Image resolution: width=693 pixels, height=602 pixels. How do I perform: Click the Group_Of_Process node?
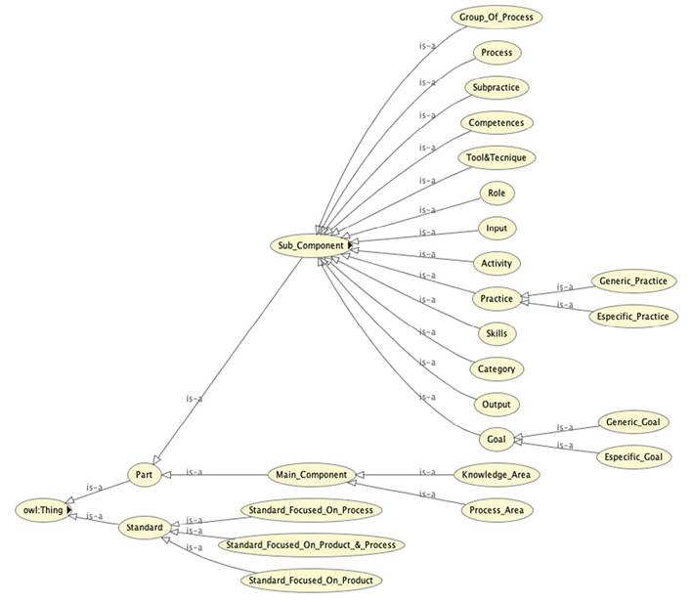pos(497,17)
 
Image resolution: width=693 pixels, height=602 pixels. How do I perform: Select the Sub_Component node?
pos(306,245)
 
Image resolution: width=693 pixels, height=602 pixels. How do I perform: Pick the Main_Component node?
pos(309,475)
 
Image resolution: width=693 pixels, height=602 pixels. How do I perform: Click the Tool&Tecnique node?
pos(497,157)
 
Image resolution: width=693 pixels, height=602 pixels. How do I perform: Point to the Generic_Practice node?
pos(633,280)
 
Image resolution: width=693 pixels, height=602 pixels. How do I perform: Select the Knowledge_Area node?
pos(497,475)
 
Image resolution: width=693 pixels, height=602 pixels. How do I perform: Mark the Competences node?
pos(497,122)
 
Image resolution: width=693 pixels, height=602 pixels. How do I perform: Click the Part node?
pos(143,475)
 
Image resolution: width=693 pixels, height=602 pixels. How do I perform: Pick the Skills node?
pos(497,333)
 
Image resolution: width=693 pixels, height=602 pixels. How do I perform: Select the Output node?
pos(497,404)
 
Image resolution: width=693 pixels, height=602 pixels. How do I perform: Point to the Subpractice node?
pos(497,87)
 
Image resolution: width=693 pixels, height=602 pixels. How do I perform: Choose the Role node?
pos(497,193)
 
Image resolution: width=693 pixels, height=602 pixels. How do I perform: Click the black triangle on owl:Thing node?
pos(68,509)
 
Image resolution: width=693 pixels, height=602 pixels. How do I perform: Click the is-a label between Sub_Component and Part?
pos(194,398)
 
